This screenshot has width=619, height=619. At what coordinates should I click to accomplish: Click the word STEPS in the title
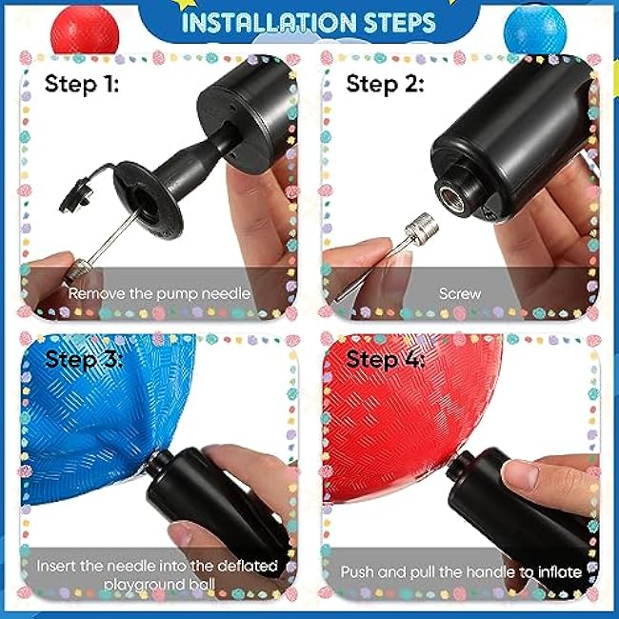point(400,23)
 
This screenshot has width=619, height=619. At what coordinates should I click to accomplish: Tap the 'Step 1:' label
point(82,84)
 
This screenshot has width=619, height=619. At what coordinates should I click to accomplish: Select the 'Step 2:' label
point(385,84)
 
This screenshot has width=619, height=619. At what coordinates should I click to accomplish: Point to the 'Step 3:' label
point(84,359)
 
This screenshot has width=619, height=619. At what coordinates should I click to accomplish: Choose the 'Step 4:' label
point(386,359)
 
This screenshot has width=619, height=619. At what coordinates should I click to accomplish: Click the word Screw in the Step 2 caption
point(460,293)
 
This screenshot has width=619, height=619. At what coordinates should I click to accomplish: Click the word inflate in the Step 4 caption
point(559,572)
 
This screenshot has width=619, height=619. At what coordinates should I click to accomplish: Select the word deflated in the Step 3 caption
point(248,566)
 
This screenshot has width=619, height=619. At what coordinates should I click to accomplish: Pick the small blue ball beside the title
point(535,30)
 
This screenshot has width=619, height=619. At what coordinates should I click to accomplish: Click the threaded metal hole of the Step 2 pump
point(450,195)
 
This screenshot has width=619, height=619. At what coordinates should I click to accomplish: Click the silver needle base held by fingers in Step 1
point(78,270)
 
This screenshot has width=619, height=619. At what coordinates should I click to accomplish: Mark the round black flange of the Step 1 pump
point(149,200)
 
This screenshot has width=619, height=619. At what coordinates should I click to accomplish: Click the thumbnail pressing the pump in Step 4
point(520,474)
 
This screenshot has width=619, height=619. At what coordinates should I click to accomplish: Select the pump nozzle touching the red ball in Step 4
point(460,463)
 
